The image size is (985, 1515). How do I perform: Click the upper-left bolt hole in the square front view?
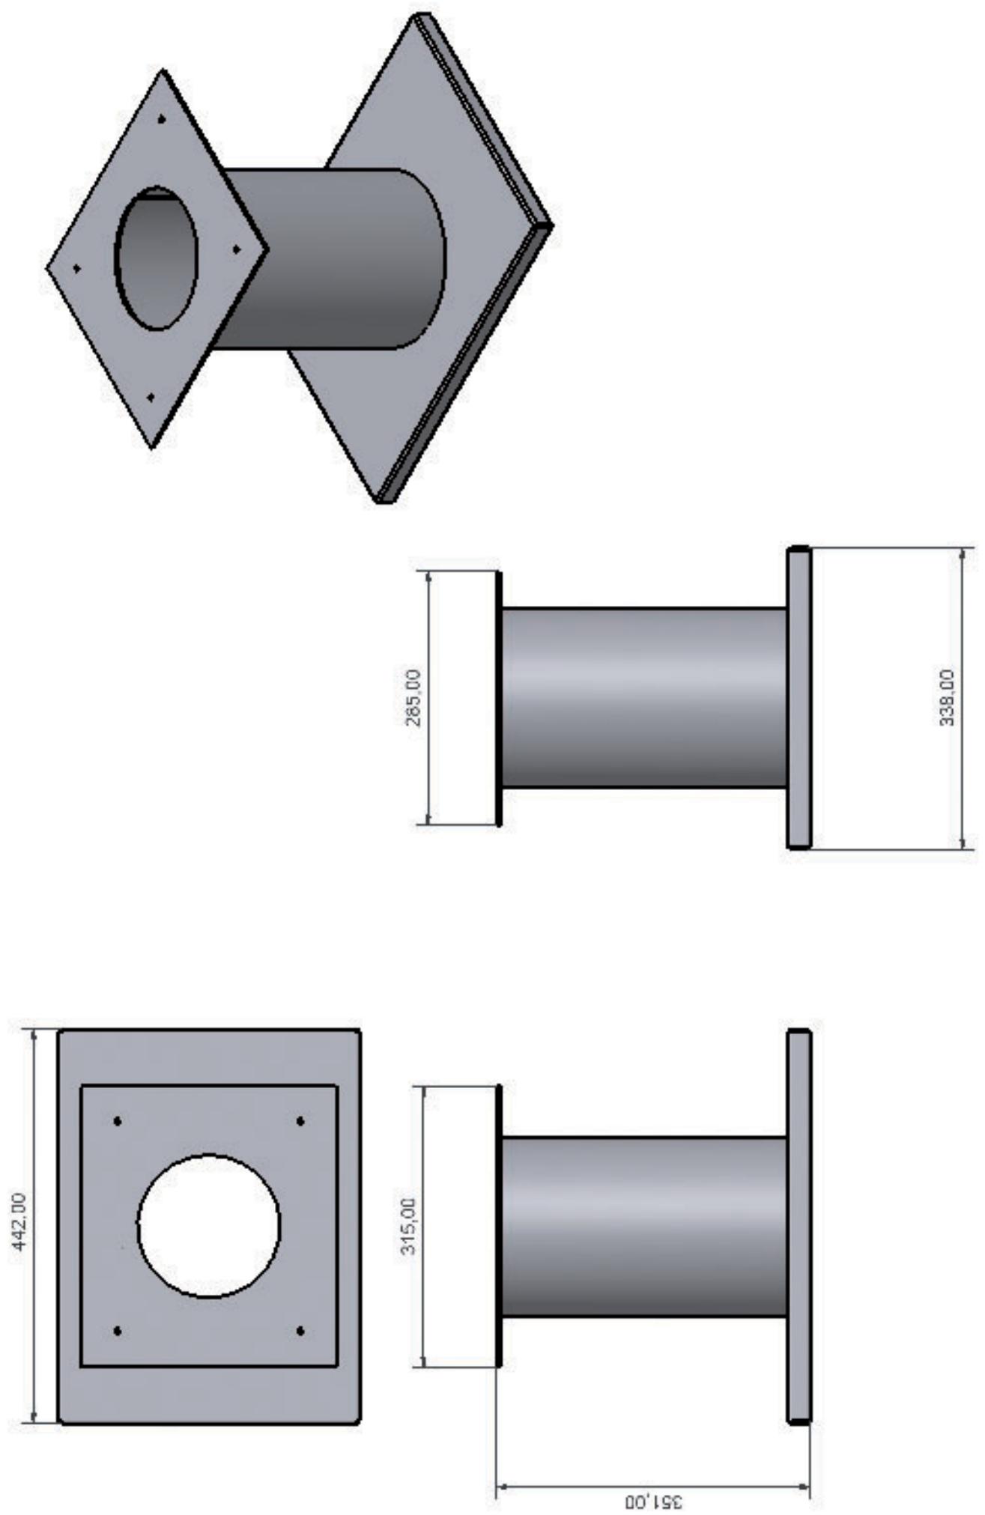coord(118,1121)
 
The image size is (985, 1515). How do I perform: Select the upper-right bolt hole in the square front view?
coord(300,1121)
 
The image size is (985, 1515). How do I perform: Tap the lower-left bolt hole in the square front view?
coord(118,1331)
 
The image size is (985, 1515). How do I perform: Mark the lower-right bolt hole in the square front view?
coord(300,1331)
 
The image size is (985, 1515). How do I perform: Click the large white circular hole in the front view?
coord(209,1225)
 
